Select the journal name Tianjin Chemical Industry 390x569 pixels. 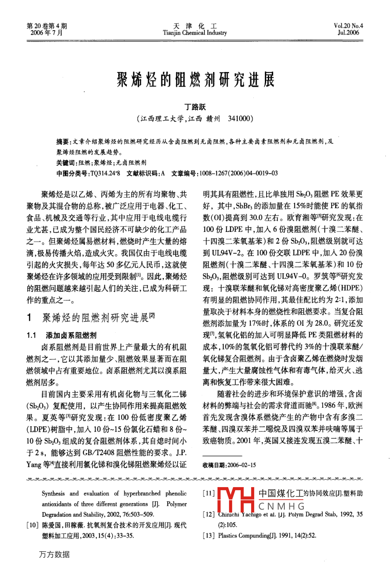point(195,33)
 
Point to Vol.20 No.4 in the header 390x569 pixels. point(349,26)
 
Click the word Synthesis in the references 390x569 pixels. point(53,494)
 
